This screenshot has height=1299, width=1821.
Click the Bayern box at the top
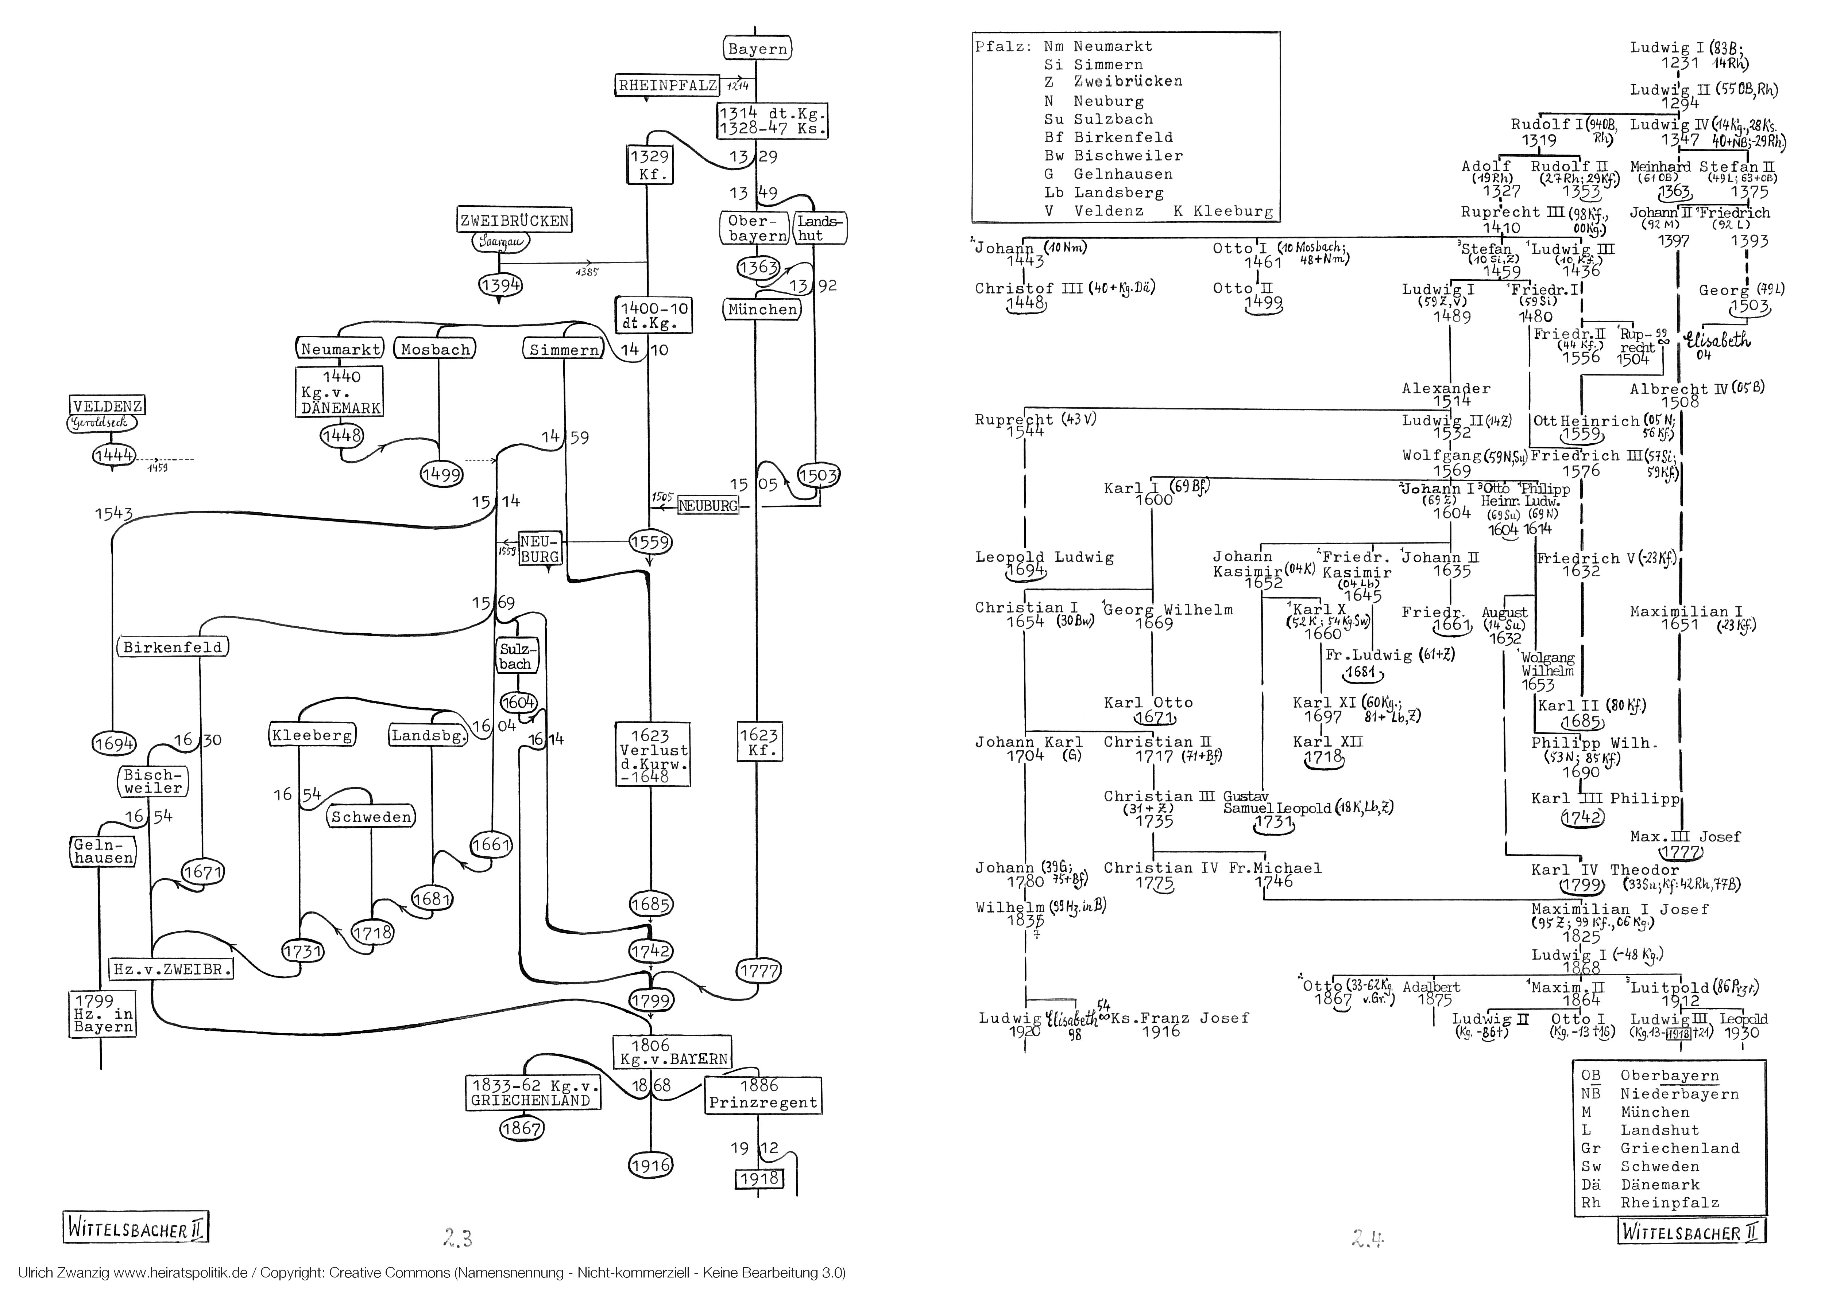tap(757, 49)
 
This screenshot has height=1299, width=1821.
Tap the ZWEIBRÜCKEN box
tap(514, 221)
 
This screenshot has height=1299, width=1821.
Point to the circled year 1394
tap(500, 285)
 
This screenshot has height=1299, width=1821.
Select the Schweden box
tap(371, 817)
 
